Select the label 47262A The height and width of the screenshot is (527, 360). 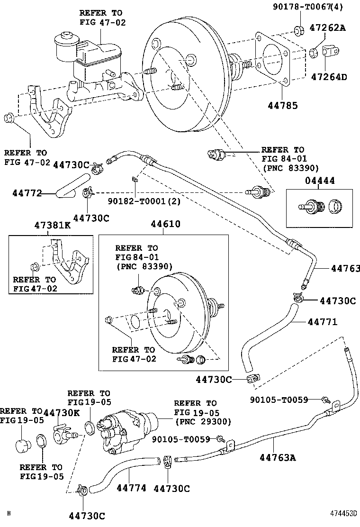click(328, 28)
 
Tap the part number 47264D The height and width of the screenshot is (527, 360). click(328, 76)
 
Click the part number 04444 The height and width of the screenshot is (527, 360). click(319, 181)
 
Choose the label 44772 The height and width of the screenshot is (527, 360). click(27, 193)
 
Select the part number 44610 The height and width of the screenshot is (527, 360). click(165, 224)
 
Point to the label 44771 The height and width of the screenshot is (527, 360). click(322, 322)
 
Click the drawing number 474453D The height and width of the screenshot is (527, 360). click(343, 513)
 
